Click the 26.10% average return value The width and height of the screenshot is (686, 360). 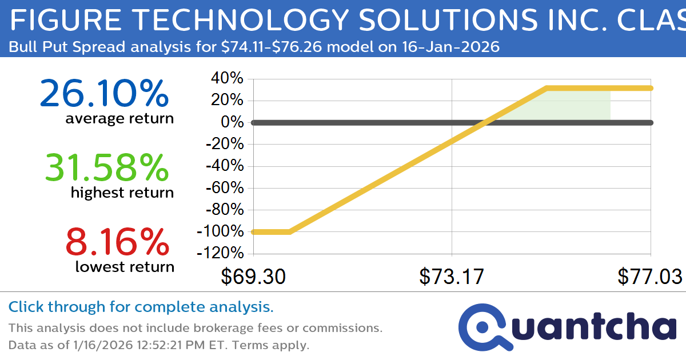tap(104, 93)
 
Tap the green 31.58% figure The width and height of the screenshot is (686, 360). tap(107, 167)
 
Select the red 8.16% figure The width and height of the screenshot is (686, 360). tap(117, 241)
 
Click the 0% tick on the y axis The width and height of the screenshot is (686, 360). tap(233, 122)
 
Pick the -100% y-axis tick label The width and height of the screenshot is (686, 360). tap(221, 231)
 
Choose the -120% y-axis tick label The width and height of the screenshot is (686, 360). tap(221, 253)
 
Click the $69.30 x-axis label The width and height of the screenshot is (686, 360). tap(253, 277)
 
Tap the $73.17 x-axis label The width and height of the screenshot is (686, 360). tap(452, 277)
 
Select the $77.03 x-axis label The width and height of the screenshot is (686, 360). tap(649, 277)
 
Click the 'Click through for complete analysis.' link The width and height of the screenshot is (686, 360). tap(141, 307)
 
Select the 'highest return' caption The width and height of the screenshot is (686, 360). tap(122, 193)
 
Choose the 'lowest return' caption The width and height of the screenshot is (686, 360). tap(125, 267)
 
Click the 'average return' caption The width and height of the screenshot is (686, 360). tap(119, 119)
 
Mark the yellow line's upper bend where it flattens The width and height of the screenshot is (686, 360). tap(547, 88)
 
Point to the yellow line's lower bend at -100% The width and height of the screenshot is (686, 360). tap(290, 231)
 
